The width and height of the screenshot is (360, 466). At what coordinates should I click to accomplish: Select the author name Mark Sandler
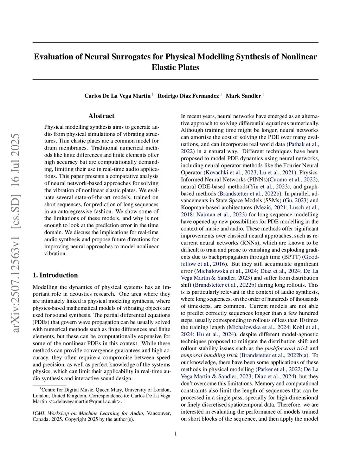[x=243, y=96]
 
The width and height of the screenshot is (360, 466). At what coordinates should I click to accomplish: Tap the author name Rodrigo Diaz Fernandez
[x=188, y=96]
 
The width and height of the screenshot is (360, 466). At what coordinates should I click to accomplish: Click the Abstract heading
[x=101, y=116]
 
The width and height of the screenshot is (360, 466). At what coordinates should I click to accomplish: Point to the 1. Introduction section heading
[x=55, y=275]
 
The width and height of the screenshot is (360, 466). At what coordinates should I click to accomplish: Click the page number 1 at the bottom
[x=175, y=434]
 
